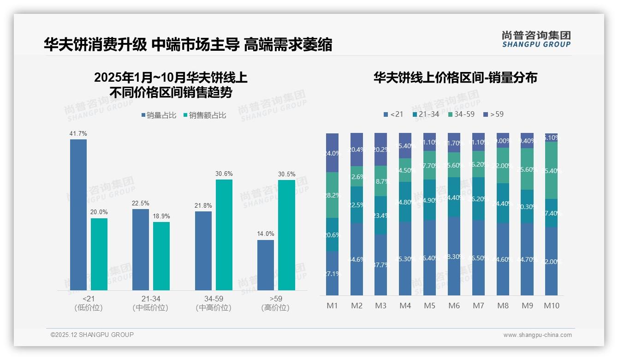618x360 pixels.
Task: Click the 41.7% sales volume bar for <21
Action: point(78,215)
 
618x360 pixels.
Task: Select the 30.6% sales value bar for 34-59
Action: point(224,234)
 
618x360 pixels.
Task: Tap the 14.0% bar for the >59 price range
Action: point(266,265)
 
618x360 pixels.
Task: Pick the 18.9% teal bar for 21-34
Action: point(161,256)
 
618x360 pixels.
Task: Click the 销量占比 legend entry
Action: point(158,115)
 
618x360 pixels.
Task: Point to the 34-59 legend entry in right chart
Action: point(461,114)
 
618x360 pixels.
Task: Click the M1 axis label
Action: point(332,306)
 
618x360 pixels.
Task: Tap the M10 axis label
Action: point(551,306)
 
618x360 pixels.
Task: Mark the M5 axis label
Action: point(429,306)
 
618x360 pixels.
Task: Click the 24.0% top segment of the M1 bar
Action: point(332,153)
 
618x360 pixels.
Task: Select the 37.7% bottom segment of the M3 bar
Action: point(380,264)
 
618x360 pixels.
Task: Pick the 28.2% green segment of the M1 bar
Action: point(332,195)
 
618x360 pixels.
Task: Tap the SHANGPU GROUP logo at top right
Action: point(536,39)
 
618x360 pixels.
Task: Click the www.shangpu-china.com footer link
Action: point(537,335)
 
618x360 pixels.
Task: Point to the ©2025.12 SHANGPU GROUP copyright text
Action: point(92,335)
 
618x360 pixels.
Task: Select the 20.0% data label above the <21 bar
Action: point(99,212)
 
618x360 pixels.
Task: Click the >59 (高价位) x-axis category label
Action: point(275,303)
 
